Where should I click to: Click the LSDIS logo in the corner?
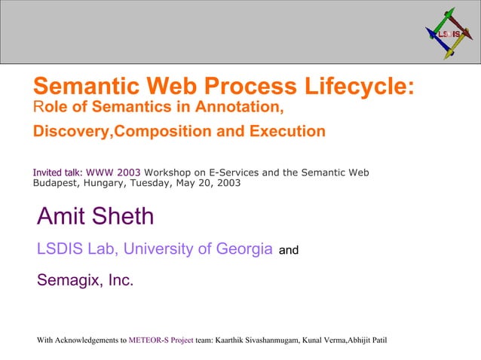tap(449, 35)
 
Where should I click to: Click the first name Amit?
tap(62, 217)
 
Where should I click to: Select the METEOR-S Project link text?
tap(161, 340)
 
